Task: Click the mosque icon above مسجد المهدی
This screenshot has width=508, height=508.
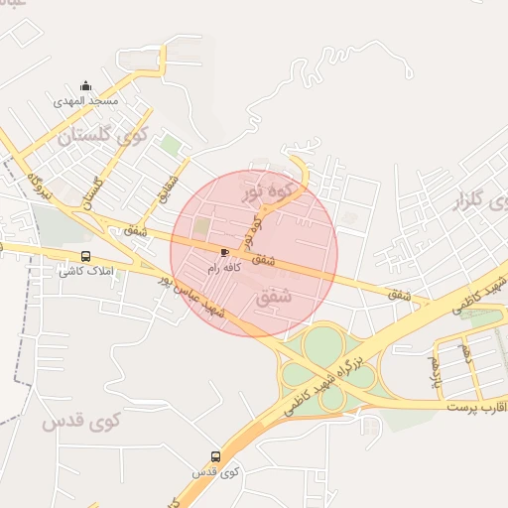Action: point(85,86)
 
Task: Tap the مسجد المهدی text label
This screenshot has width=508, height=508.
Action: point(86,101)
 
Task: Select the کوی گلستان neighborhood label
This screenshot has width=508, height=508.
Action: point(102,134)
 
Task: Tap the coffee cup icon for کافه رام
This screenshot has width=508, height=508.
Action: point(224,252)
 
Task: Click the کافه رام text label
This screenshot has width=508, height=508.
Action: point(220,268)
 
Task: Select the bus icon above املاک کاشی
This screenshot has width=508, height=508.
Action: point(85,256)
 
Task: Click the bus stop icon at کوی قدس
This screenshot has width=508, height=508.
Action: point(216,457)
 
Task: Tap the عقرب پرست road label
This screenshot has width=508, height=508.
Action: point(476,407)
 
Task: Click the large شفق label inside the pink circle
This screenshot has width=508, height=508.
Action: point(276,296)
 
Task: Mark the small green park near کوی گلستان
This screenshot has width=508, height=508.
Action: point(171,146)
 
